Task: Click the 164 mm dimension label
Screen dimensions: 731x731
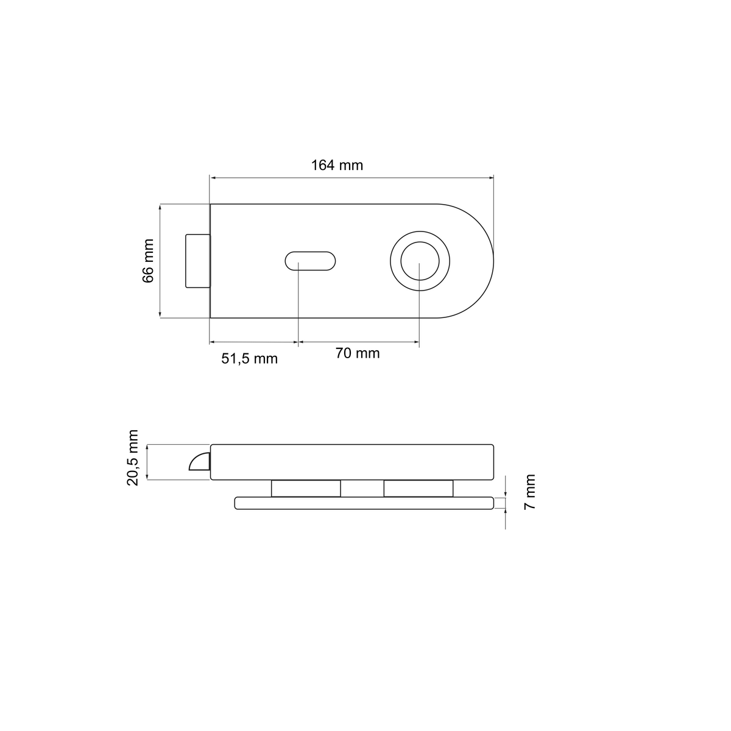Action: [337, 166]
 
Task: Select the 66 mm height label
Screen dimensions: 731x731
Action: [148, 261]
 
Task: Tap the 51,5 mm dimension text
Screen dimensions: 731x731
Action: [249, 359]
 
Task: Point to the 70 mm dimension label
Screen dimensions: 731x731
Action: [358, 353]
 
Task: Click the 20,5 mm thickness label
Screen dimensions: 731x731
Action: [133, 457]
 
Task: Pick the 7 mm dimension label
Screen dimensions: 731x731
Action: [529, 492]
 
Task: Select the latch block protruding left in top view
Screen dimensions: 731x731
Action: [197, 261]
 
